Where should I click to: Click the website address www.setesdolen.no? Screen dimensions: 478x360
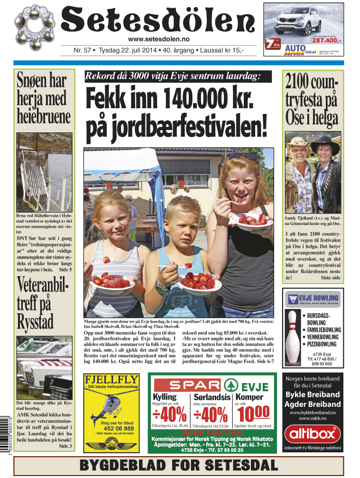pos(159,39)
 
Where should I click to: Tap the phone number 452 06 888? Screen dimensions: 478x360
pos(111,428)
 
